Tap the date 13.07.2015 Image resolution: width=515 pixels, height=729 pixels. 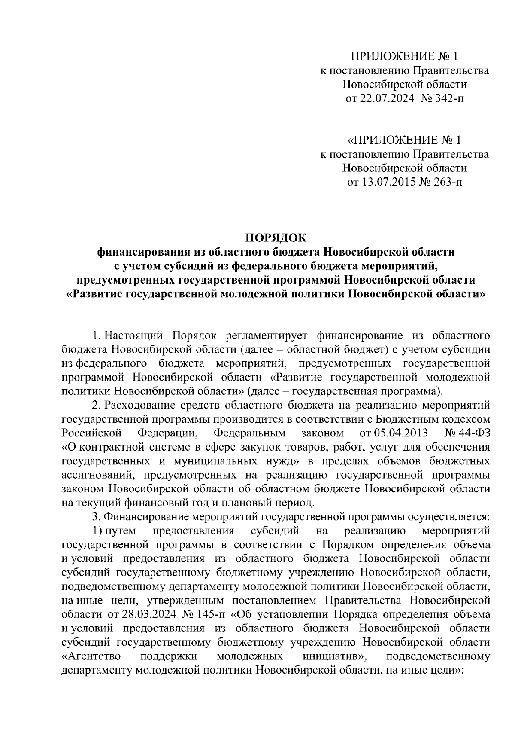387,183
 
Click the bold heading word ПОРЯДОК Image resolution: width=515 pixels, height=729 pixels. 276,238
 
